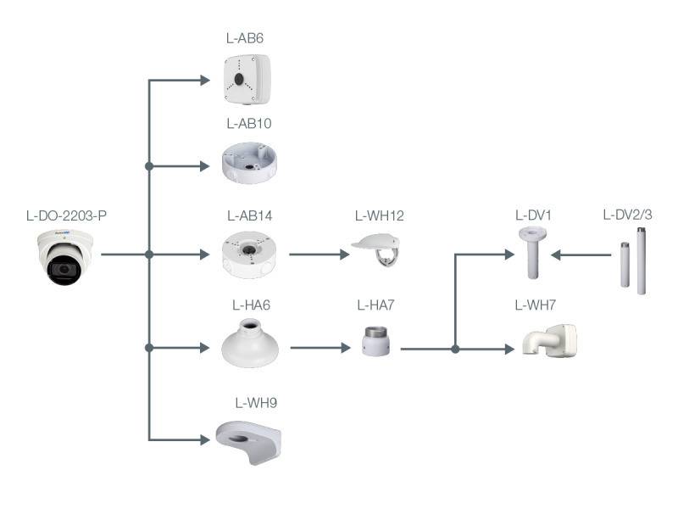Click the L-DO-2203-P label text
click(66, 215)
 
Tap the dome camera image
click(65, 257)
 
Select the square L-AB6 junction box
click(247, 76)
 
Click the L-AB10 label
click(249, 123)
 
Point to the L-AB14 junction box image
click(248, 254)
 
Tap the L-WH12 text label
click(379, 215)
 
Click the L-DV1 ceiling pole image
click(531, 252)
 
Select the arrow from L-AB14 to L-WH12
click(319, 254)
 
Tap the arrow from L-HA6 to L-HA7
click(320, 347)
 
